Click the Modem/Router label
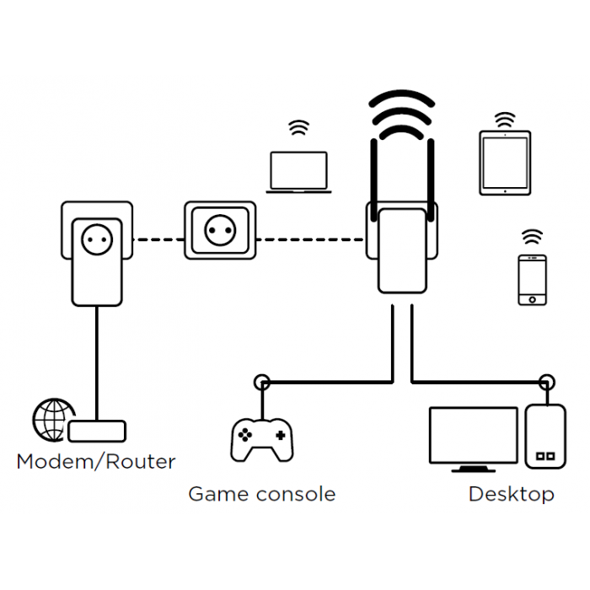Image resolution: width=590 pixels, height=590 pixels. [x=96, y=462]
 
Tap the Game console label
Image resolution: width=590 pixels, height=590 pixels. [x=261, y=494]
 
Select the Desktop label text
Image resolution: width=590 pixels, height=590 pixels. [x=511, y=494]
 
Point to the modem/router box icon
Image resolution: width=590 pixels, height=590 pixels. [x=97, y=432]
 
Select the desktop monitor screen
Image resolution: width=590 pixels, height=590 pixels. [x=473, y=435]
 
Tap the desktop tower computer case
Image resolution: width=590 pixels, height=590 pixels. [x=544, y=436]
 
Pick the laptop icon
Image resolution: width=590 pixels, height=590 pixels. [x=298, y=173]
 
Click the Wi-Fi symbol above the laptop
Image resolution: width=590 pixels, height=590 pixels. [x=298, y=129]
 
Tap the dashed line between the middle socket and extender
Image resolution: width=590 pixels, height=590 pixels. [x=310, y=239]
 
